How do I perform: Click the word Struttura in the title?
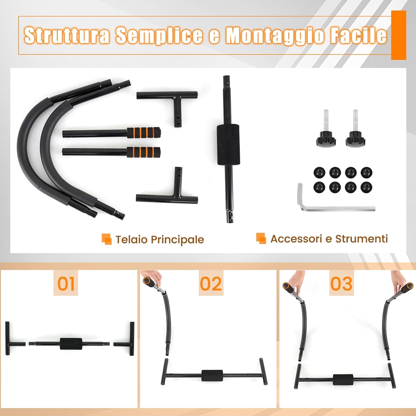[x=67, y=35]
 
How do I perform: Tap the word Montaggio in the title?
[x=274, y=35]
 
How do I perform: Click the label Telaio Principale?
[x=159, y=239]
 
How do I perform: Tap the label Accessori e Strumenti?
[x=329, y=239]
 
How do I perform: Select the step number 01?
[x=66, y=284]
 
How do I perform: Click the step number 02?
[x=211, y=284]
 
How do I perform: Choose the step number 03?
[x=341, y=284]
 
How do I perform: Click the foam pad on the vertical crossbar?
[x=228, y=144]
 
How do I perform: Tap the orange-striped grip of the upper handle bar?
[x=144, y=133]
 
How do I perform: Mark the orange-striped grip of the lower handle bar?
[x=144, y=152]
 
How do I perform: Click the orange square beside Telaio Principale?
[x=106, y=239]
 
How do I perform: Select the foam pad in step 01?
[x=71, y=344]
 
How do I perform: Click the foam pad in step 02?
[x=212, y=376]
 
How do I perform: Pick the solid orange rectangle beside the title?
[x=399, y=35]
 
